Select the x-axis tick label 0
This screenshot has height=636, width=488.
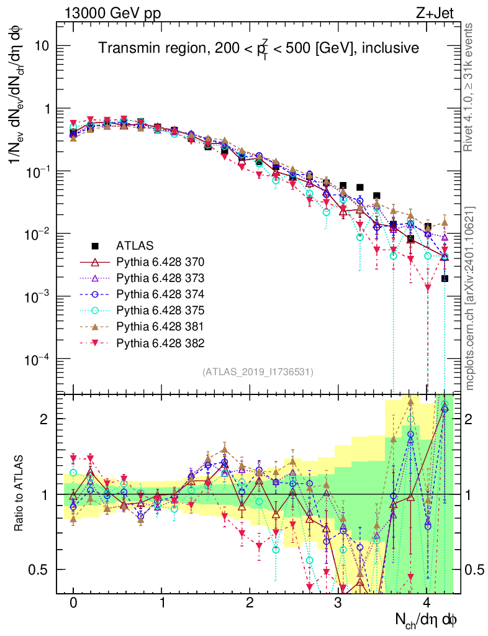click(x=73, y=603)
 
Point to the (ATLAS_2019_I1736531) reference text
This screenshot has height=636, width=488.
click(x=258, y=372)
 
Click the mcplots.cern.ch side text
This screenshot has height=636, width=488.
click(x=470, y=298)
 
